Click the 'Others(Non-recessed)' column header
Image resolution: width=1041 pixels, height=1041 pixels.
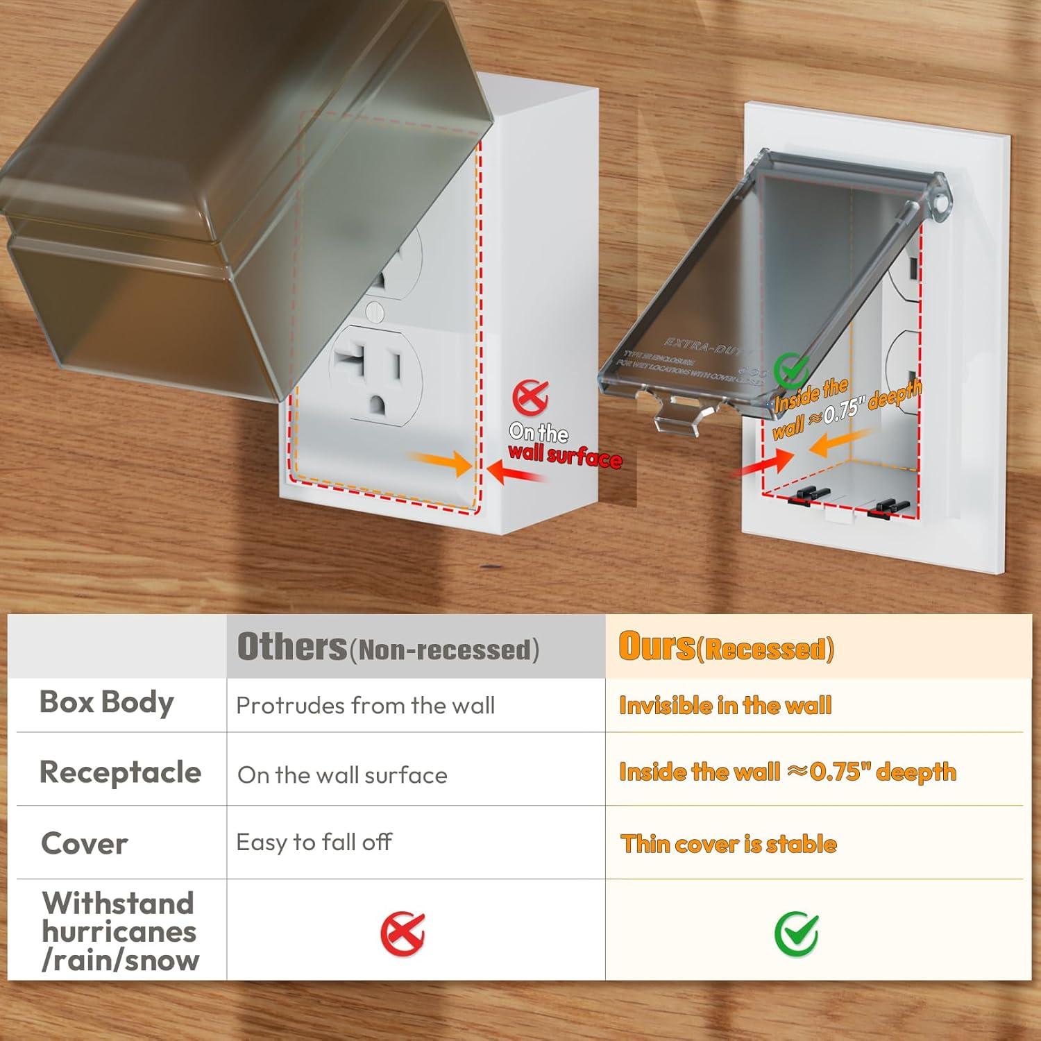click(x=388, y=647)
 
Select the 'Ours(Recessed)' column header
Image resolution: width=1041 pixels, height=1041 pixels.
click(x=726, y=647)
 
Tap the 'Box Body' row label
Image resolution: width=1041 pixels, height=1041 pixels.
click(x=107, y=702)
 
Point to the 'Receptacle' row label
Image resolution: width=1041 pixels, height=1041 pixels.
click(x=120, y=772)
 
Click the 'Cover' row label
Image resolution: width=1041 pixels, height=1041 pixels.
click(x=85, y=844)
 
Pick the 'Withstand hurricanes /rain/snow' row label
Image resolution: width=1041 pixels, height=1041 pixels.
click(x=120, y=931)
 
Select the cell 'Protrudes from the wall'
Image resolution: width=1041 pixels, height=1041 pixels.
click(x=366, y=706)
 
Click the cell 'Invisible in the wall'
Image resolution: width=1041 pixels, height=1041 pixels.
click(x=725, y=706)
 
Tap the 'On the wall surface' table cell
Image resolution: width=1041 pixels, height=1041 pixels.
click(x=342, y=775)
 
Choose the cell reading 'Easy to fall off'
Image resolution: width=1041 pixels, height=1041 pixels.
click(x=314, y=843)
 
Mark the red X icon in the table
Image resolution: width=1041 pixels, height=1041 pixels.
click(x=403, y=934)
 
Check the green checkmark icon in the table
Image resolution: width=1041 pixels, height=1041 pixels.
click(x=796, y=934)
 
